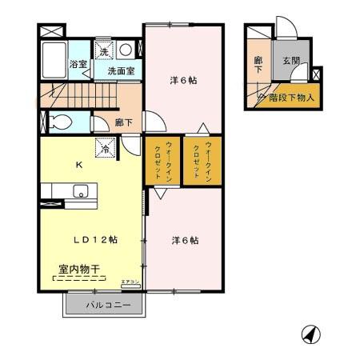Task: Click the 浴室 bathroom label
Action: click(78, 63)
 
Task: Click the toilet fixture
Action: click(58, 122)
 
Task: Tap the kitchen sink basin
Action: click(80, 191)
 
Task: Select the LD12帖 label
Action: click(91, 240)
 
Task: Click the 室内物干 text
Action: click(78, 270)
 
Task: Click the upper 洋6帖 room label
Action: click(183, 80)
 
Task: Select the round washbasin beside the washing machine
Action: click(126, 50)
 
